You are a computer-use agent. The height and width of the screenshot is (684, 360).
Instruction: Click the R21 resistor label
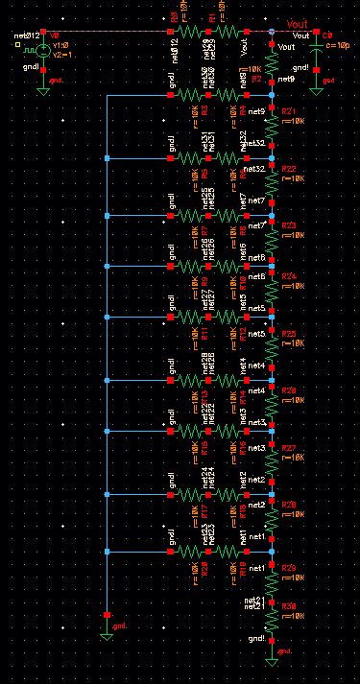(288, 112)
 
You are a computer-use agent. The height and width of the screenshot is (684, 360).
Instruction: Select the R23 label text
(288, 224)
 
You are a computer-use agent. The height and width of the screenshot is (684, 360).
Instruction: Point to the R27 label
(288, 447)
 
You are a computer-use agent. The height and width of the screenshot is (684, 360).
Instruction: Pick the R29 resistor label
(288, 567)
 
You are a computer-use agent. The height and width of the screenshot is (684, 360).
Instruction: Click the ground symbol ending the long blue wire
(108, 630)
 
